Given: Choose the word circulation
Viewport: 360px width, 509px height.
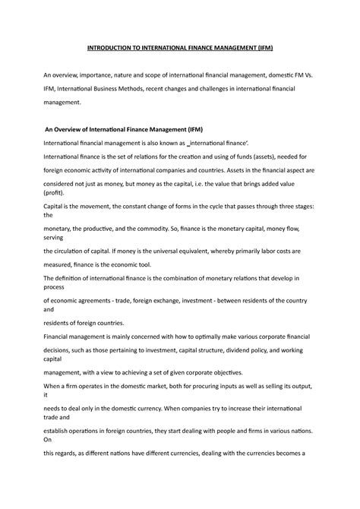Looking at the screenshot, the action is click(x=73, y=250).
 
